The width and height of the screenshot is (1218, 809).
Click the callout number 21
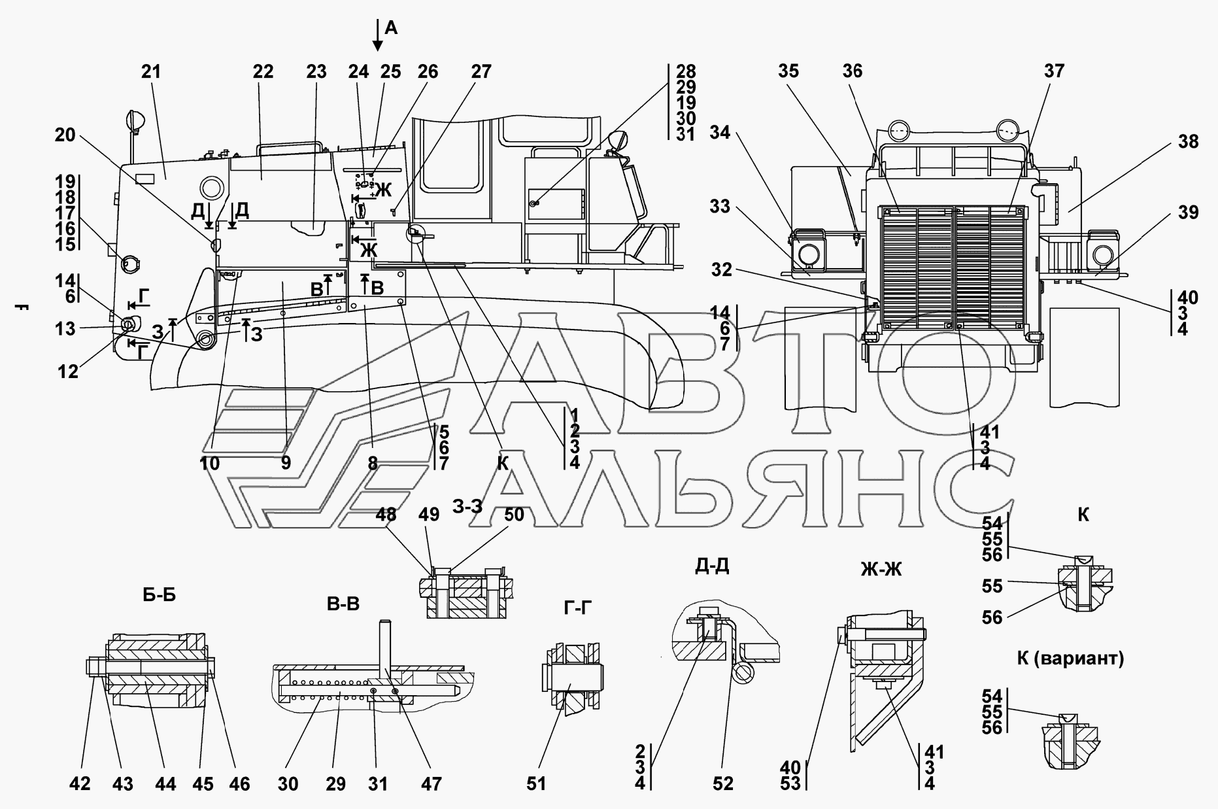pyautogui.click(x=151, y=72)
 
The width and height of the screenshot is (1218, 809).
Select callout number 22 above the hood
pyautogui.click(x=263, y=72)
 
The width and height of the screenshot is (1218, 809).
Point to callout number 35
pyautogui.click(x=789, y=71)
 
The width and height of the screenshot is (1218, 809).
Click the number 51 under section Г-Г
pyautogui.click(x=536, y=783)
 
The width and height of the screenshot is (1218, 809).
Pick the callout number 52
pyautogui.click(x=723, y=783)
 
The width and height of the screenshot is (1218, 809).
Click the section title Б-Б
pyautogui.click(x=159, y=595)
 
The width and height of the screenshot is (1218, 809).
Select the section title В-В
pyautogui.click(x=343, y=604)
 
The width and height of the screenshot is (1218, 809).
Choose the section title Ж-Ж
pyautogui.click(x=881, y=570)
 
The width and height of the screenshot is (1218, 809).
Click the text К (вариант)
pyautogui.click(x=1070, y=659)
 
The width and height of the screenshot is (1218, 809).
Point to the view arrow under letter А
pyautogui.click(x=378, y=35)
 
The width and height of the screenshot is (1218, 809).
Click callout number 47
pyautogui.click(x=431, y=783)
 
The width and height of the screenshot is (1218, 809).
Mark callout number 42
pyautogui.click(x=80, y=783)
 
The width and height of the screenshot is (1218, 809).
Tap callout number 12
pyautogui.click(x=68, y=371)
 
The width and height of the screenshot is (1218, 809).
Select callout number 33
pyautogui.click(x=720, y=207)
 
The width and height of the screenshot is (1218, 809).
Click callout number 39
pyautogui.click(x=1189, y=212)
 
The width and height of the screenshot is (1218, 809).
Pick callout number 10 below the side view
pyautogui.click(x=209, y=463)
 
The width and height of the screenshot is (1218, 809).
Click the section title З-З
pyautogui.click(x=467, y=506)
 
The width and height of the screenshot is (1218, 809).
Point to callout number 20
pyautogui.click(x=65, y=135)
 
